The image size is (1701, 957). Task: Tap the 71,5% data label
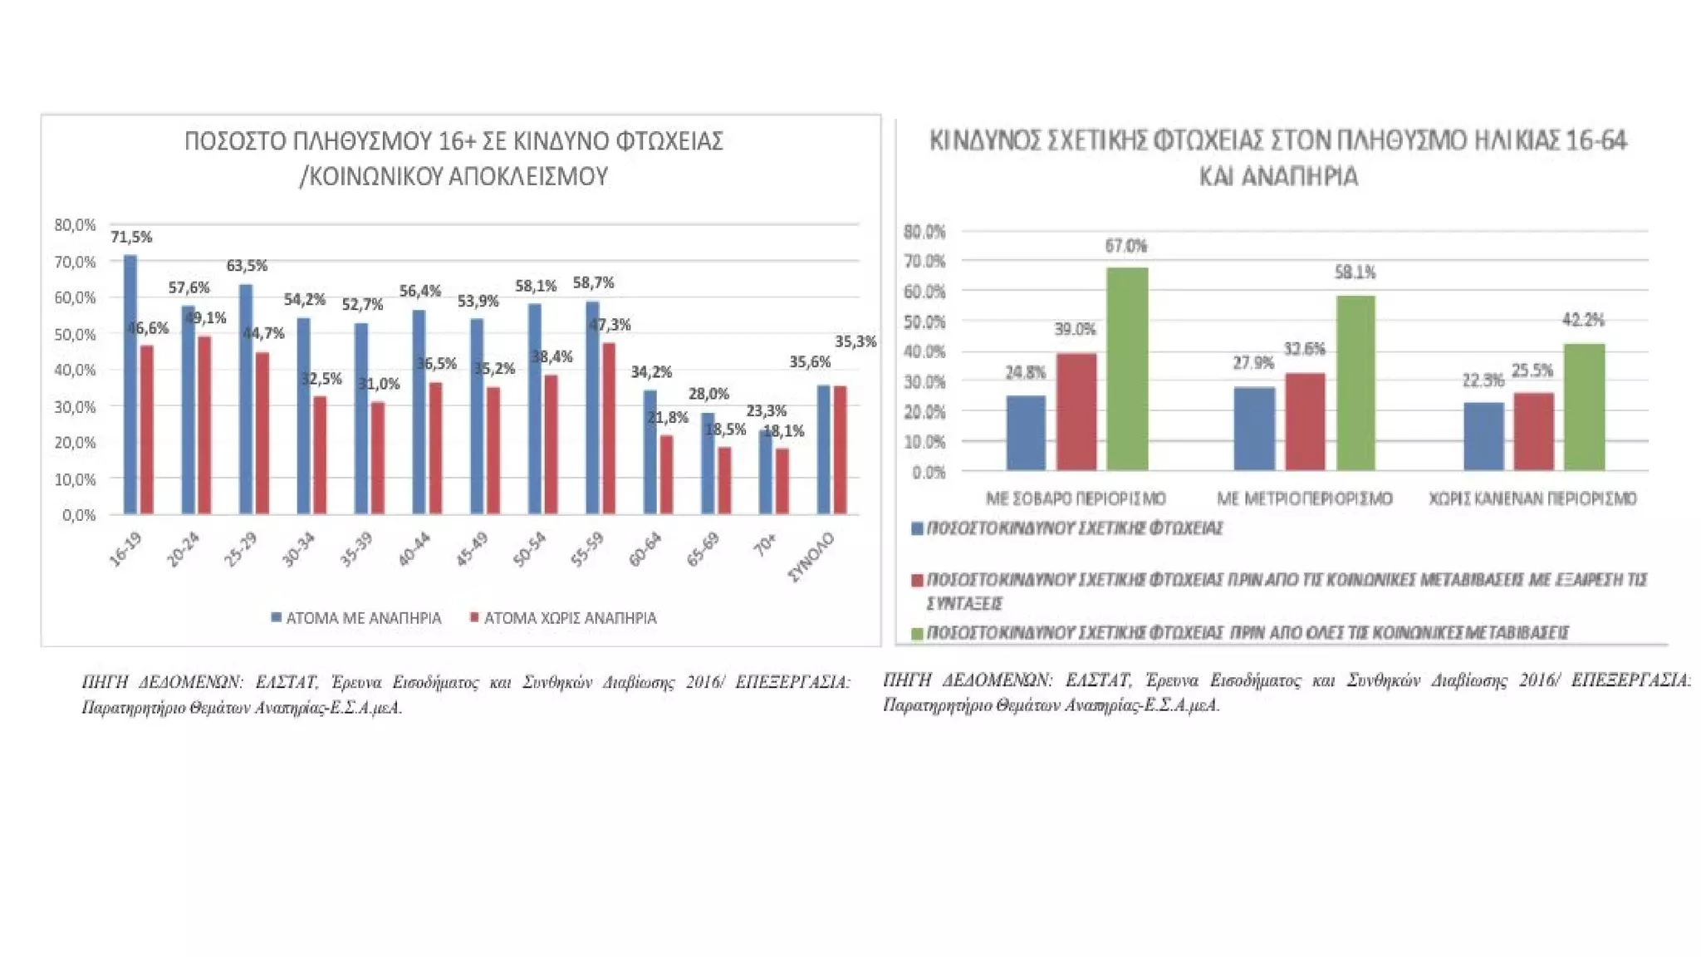coord(131,238)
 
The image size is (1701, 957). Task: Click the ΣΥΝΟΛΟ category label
coord(811,557)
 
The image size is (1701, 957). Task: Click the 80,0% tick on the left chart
coord(75,225)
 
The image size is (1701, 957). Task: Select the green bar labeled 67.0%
coord(1127,369)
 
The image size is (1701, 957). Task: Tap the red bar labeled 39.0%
coord(1076,412)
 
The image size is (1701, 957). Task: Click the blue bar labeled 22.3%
coord(1483,437)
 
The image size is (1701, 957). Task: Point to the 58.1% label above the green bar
coord(1355,272)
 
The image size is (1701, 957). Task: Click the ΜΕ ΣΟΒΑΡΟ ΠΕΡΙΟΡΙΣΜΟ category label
coord(1076,498)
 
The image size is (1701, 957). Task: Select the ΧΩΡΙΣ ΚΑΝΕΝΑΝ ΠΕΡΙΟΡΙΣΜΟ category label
coord(1532,498)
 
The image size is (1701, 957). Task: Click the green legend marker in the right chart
coord(917,633)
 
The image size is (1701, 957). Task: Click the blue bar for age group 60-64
coord(650,452)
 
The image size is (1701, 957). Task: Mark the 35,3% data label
coord(855,341)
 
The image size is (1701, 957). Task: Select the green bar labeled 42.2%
coord(1584,407)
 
